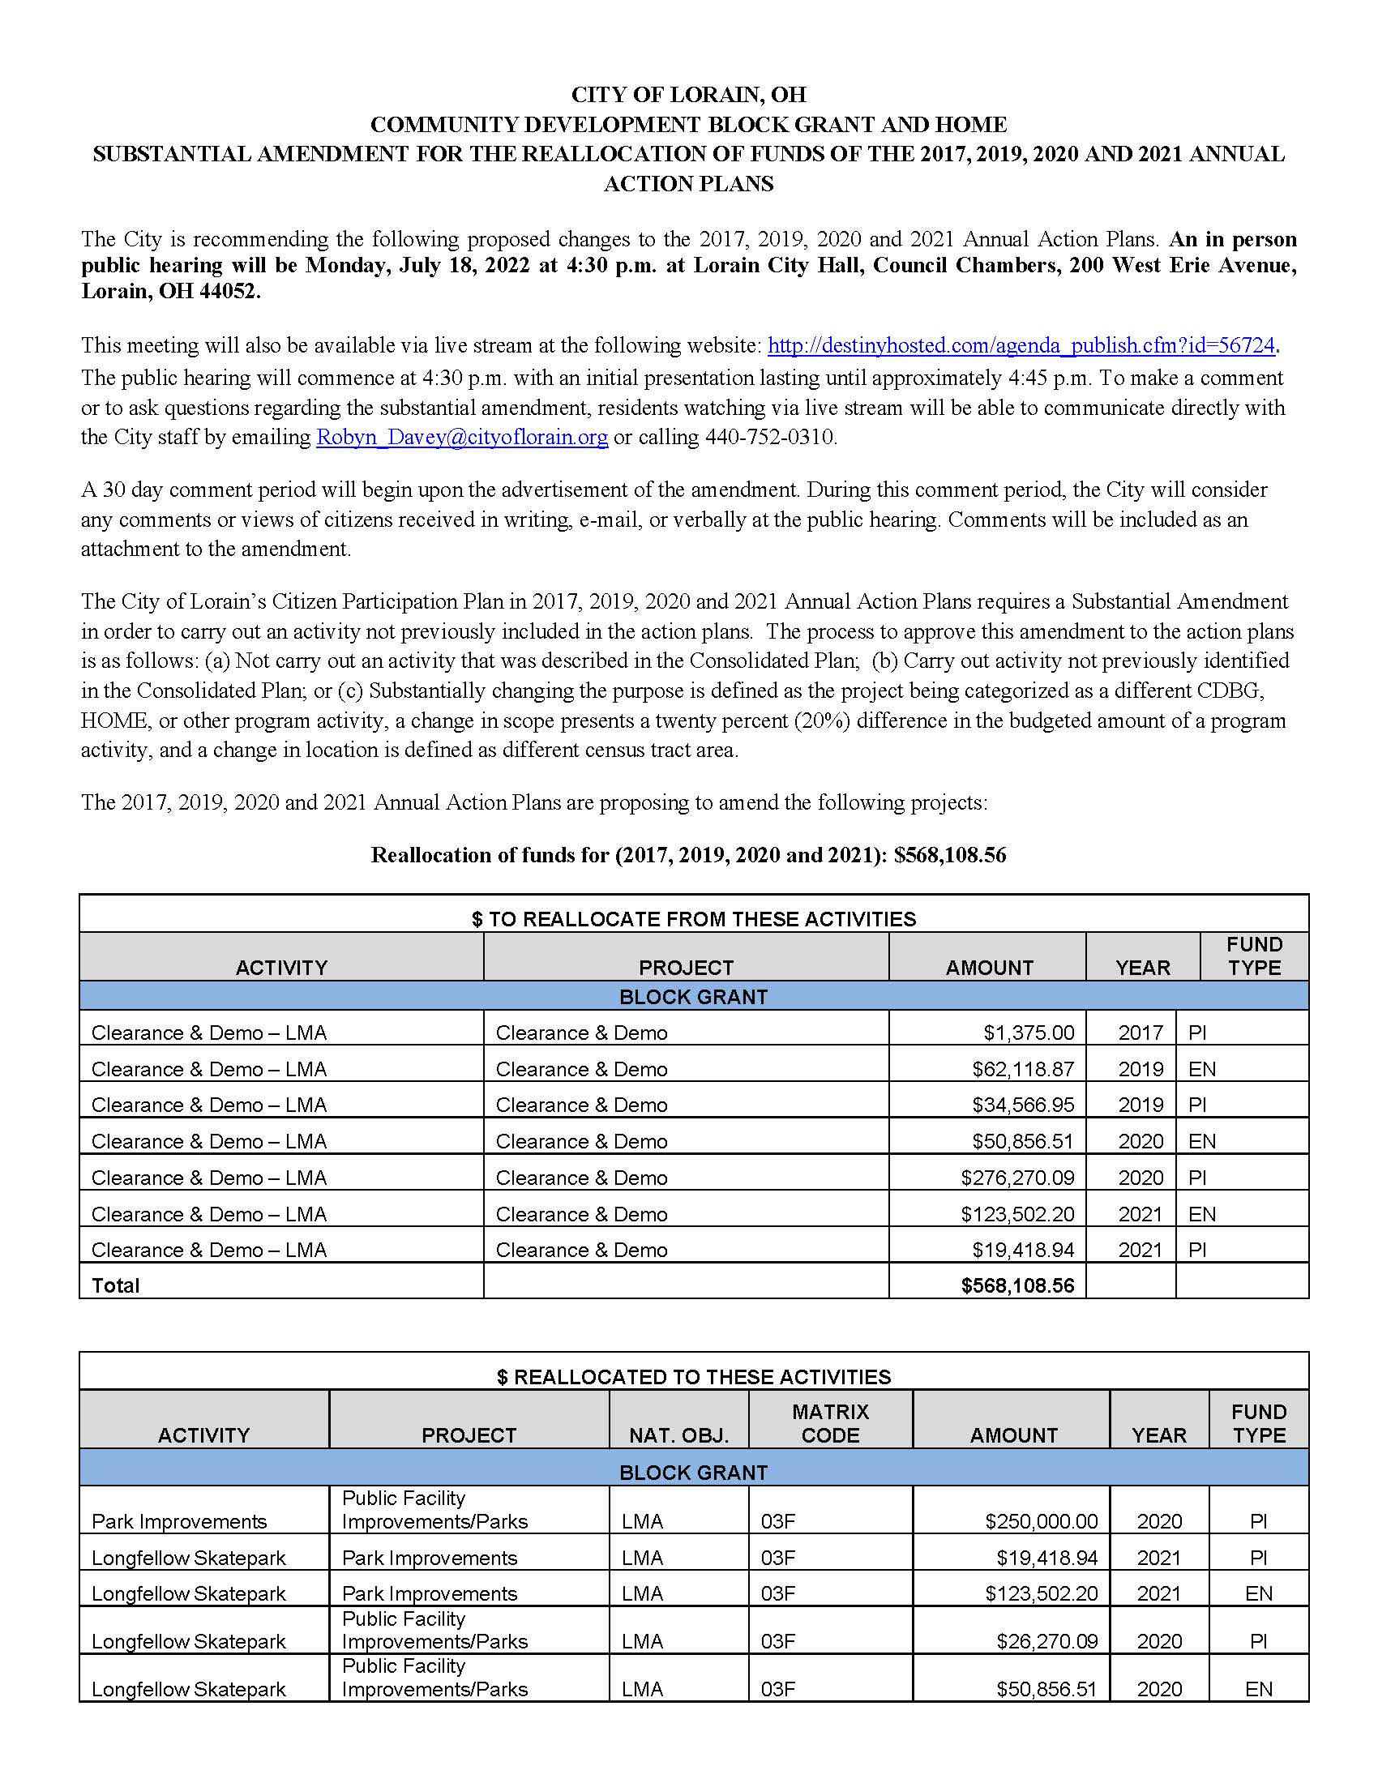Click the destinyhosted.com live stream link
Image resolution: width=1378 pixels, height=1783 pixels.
1021,345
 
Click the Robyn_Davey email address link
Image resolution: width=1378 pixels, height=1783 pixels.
462,437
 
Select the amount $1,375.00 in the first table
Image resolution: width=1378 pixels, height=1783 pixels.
1029,1033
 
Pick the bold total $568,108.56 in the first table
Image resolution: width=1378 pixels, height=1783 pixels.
1017,1286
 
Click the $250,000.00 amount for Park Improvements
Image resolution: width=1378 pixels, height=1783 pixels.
1041,1521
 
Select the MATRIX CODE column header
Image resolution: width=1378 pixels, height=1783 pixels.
830,1423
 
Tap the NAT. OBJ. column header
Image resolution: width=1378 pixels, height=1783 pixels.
678,1435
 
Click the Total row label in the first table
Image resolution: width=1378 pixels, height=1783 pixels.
116,1286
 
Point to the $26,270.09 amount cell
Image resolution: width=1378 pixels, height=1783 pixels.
1046,1641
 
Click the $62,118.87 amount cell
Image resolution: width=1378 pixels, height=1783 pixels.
1023,1069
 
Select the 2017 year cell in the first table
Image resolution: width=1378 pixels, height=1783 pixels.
1140,1033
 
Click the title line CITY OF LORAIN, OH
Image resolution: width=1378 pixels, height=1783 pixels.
688,95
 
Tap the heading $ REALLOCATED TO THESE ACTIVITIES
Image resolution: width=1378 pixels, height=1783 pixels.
693,1376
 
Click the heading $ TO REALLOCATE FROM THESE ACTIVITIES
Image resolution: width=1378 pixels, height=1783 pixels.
693,918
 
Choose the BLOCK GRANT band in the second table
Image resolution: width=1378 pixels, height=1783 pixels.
693,1472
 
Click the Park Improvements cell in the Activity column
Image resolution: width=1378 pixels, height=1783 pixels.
179,1521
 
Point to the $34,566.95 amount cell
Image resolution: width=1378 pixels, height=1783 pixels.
1023,1105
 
